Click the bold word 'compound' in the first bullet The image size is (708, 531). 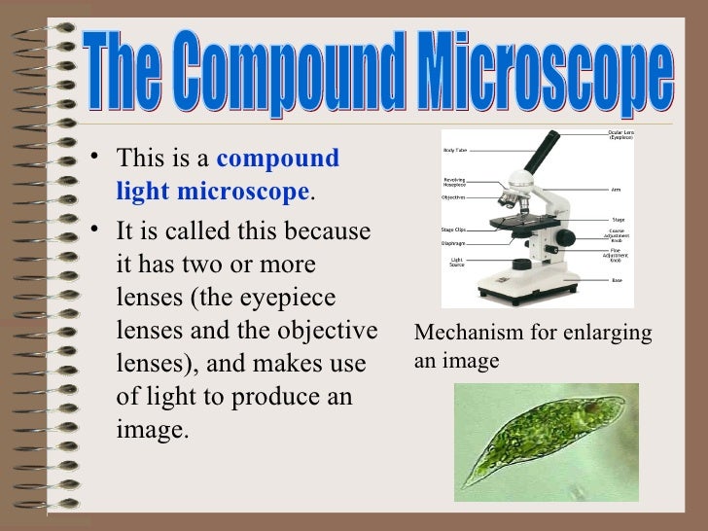[283, 158]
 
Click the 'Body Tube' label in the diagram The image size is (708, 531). [455, 151]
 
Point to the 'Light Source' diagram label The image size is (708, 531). [456, 263]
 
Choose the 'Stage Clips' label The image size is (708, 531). [454, 230]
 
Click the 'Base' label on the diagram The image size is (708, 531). [617, 280]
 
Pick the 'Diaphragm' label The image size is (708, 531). [454, 244]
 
